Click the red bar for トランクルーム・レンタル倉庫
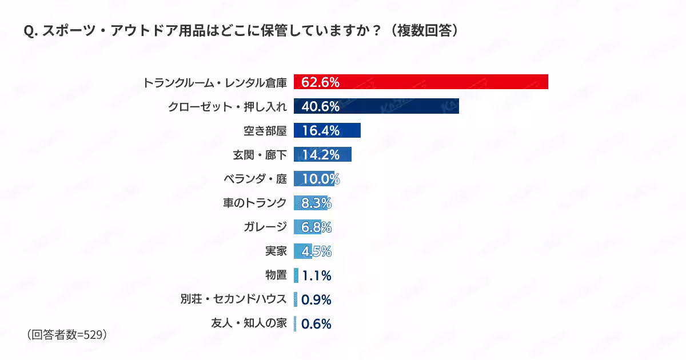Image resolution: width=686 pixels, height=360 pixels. click(x=421, y=82)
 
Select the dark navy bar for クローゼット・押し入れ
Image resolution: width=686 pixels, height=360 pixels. click(x=376, y=106)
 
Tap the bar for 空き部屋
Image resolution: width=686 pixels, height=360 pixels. click(x=327, y=130)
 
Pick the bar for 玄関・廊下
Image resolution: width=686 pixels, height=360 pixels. click(x=322, y=154)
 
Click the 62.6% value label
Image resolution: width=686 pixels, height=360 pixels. click(x=320, y=82)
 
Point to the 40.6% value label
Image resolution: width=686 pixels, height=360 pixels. click(x=320, y=106)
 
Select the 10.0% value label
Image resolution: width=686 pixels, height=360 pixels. click(x=321, y=179)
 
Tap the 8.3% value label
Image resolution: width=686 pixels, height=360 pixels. click(x=316, y=203)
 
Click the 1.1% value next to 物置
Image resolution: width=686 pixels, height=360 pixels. click(x=317, y=275)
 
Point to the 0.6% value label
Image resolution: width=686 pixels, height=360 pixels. click(x=316, y=324)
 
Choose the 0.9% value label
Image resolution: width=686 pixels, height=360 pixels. click(x=316, y=299)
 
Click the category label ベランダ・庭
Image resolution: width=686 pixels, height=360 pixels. click(x=256, y=178)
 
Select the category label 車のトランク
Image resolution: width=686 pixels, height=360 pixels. click(x=255, y=203)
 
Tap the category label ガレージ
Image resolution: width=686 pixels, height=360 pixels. click(x=265, y=227)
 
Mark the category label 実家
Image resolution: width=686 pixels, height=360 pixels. click(x=276, y=251)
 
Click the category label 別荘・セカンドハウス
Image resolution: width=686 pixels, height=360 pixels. click(x=234, y=299)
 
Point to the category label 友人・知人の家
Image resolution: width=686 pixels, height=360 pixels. click(x=249, y=323)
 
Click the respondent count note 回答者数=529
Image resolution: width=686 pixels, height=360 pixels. click(x=67, y=335)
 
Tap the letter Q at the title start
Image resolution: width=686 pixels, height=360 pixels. click(x=29, y=31)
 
